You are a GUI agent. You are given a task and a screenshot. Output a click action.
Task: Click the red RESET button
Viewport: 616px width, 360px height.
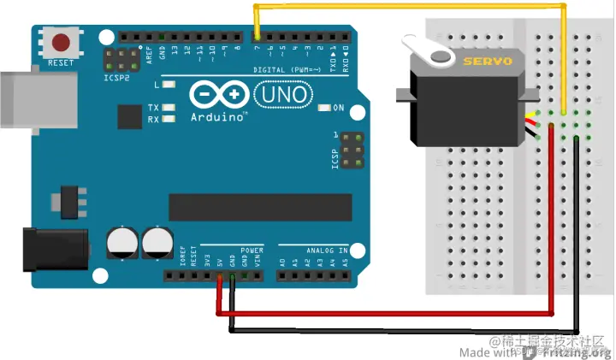[x=62, y=41]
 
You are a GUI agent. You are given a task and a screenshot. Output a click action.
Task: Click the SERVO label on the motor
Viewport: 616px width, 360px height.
[x=488, y=62]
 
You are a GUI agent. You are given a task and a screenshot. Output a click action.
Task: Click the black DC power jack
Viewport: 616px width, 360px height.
[x=51, y=248]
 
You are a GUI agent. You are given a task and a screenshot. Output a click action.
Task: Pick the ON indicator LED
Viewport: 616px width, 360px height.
[x=324, y=108]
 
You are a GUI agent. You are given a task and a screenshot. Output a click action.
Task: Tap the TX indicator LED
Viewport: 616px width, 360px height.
[x=169, y=108]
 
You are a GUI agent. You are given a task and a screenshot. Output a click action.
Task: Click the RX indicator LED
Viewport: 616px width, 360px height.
[x=169, y=119]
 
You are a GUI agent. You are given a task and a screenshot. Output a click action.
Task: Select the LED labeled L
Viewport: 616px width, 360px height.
[x=169, y=85]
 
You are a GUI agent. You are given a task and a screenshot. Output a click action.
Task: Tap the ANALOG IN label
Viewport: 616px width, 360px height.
[x=325, y=250]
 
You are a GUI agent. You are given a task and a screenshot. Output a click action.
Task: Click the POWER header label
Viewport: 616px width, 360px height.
[x=252, y=250]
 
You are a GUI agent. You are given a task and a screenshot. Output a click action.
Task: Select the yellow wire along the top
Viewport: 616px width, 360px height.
[x=411, y=7]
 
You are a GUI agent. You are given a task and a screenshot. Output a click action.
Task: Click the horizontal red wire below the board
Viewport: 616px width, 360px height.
[x=385, y=313]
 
